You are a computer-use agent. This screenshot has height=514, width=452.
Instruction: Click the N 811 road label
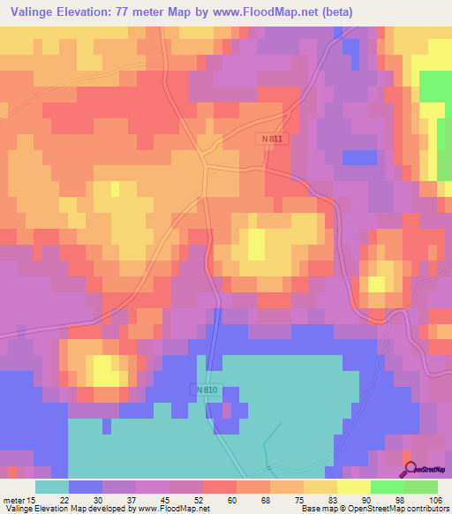pos(273,140)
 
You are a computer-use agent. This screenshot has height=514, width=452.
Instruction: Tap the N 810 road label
pos(205,389)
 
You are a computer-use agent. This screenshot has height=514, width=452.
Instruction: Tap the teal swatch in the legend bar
pos(51,487)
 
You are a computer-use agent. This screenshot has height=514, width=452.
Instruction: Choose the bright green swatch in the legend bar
pos(388,487)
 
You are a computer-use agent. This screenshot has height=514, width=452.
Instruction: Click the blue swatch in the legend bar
pos(85,487)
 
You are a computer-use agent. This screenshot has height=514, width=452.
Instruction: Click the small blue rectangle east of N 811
pos(359,157)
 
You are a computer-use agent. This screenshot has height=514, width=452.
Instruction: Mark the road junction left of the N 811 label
pos(206,163)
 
